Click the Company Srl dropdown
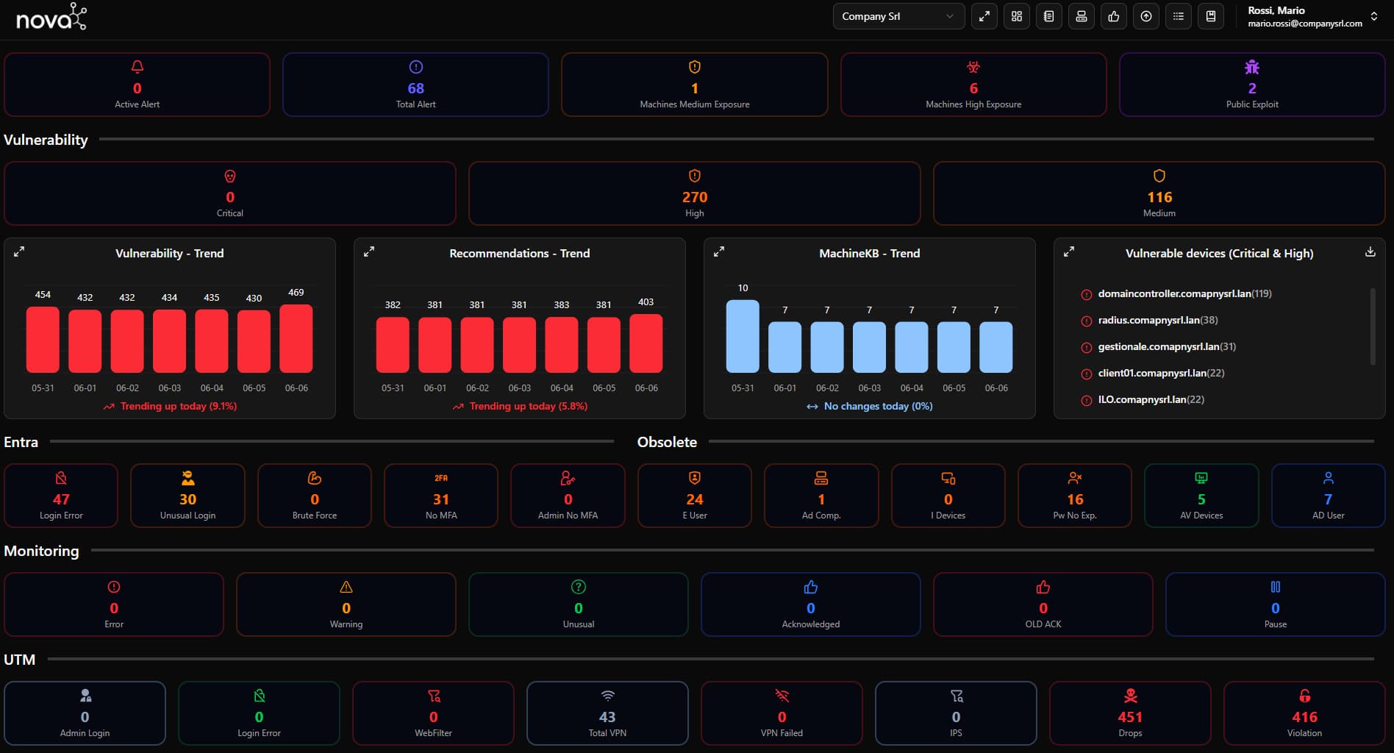pyautogui.click(x=898, y=16)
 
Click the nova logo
pyautogui.click(x=51, y=17)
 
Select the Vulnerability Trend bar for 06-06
pyautogui.click(x=296, y=339)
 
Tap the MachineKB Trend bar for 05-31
pyautogui.click(x=743, y=336)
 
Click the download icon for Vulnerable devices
pyautogui.click(x=1370, y=252)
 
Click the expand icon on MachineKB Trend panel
pyautogui.click(x=719, y=252)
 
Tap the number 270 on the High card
pyautogui.click(x=694, y=197)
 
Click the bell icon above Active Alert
pyautogui.click(x=137, y=68)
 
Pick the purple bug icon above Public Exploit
pyautogui.click(x=1252, y=68)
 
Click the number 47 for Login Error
pyautogui.click(x=61, y=499)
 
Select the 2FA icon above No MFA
pyautogui.click(x=441, y=479)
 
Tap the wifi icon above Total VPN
pyautogui.click(x=607, y=696)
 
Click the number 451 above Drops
pyautogui.click(x=1130, y=717)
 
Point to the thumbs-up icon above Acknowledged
pyautogui.click(x=811, y=588)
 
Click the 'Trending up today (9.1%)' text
pyautogui.click(x=178, y=407)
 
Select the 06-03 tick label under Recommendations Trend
pyautogui.click(x=520, y=388)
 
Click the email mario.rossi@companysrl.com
pyautogui.click(x=1304, y=24)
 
